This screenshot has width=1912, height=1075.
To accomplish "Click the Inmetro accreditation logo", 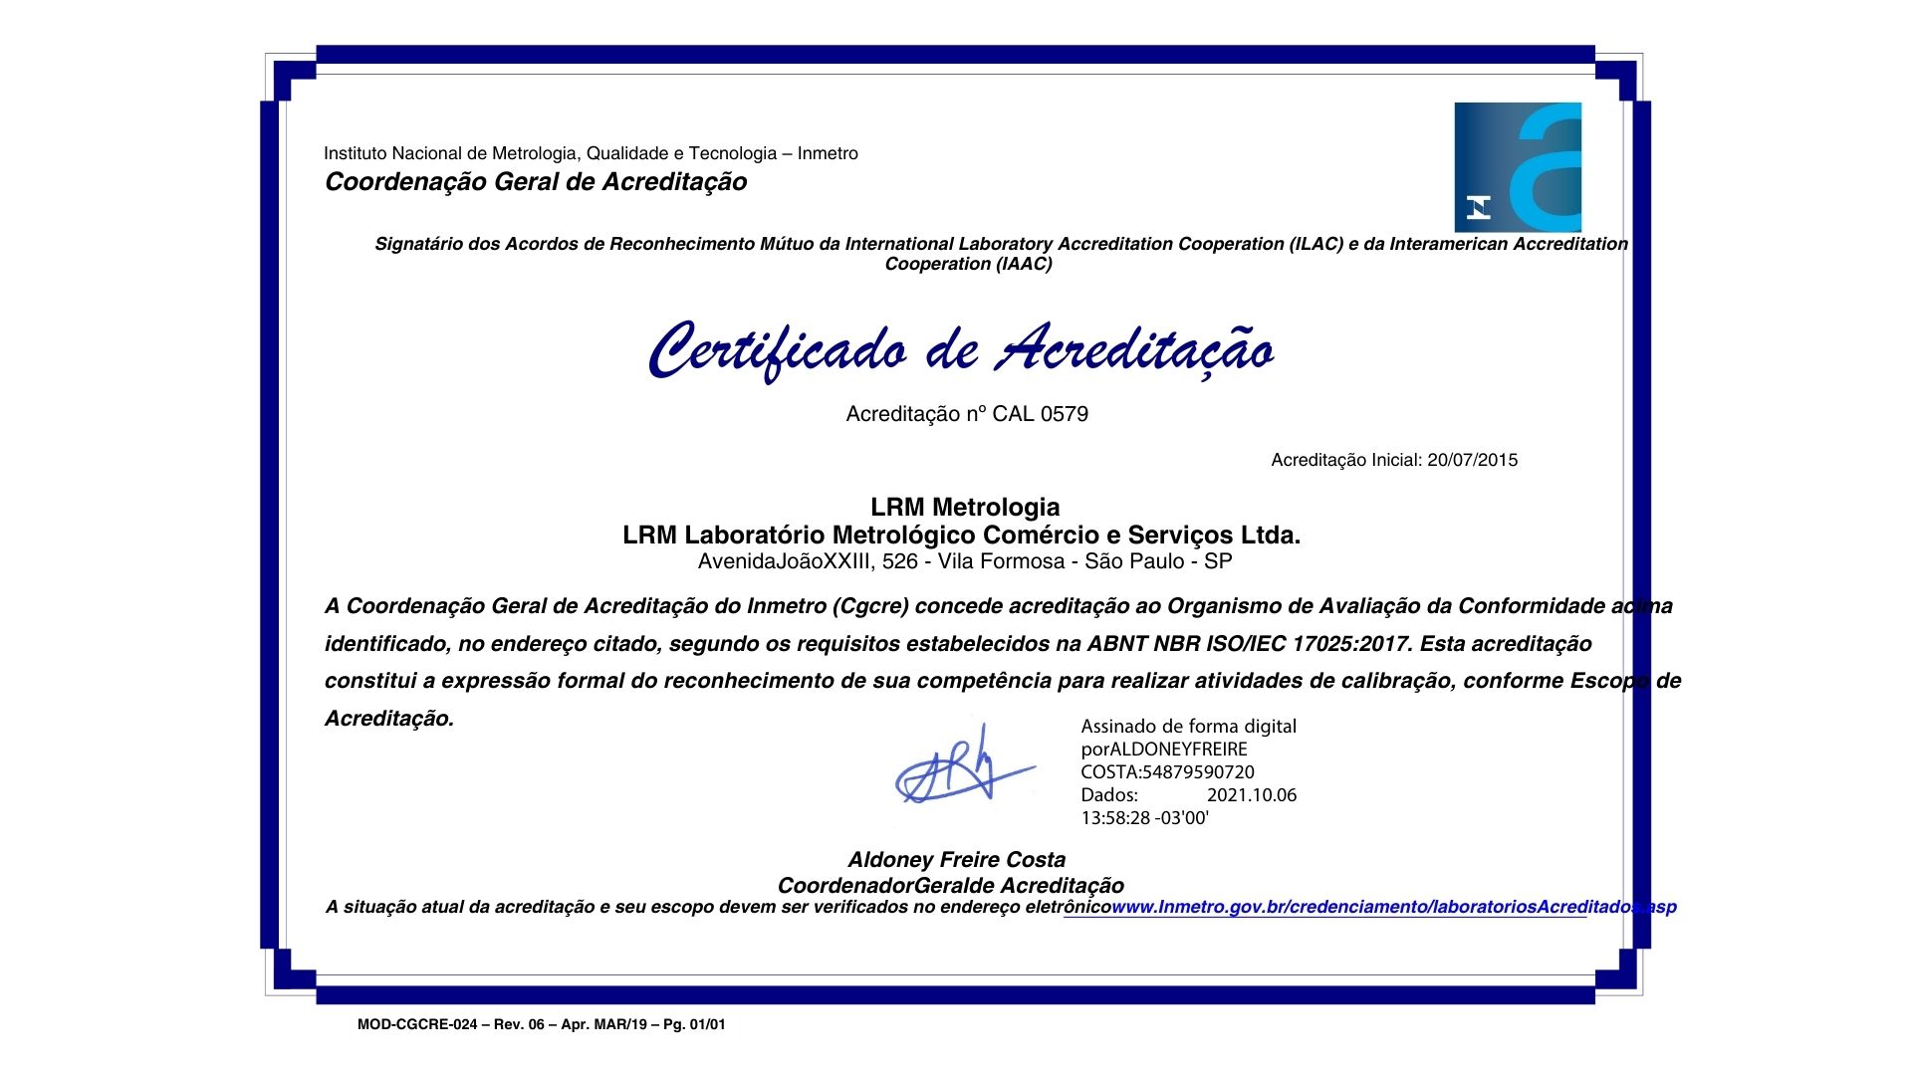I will point(1518,167).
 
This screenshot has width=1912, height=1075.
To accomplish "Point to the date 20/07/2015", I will point(1472,460).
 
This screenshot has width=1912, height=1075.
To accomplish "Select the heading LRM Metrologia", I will point(965,508).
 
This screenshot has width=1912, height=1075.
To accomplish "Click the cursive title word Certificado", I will point(778,350).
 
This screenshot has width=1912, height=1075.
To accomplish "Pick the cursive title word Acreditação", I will point(1136,350).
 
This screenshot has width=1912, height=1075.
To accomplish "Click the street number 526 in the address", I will point(899,561).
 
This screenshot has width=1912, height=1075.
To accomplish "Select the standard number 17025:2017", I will point(1351,644).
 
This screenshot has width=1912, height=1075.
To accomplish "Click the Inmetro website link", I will point(1393,907).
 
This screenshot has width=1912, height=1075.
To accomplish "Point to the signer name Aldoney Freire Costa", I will point(956,860).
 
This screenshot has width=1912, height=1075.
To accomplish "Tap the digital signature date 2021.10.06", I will point(1252,795).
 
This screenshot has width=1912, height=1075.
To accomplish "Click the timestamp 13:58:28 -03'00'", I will point(1144,818).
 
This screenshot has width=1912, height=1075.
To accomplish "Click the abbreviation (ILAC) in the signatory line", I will point(1314,244).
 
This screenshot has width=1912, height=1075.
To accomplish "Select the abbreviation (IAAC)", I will point(1023,264).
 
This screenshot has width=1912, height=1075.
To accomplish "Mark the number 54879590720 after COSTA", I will point(1198,772).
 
